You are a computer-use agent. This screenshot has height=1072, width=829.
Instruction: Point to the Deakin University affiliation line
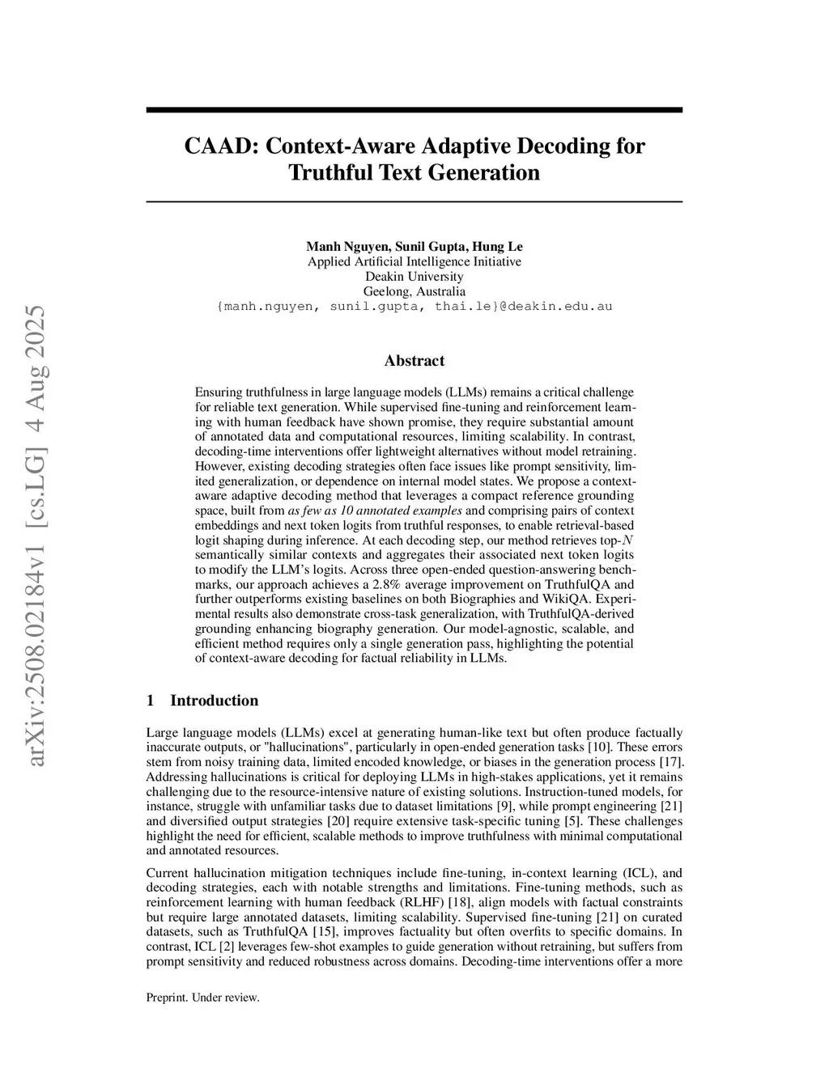pos(414,277)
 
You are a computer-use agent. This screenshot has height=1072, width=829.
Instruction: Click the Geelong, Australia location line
pos(414,291)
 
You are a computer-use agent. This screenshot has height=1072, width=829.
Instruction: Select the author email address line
pos(414,307)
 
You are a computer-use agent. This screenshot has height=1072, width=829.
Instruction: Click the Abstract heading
pos(414,361)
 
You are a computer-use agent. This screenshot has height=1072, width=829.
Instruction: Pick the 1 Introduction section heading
pos(202,701)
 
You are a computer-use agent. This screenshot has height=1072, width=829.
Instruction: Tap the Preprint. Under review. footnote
pos(202,998)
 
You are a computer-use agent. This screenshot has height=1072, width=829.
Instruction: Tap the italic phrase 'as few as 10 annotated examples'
pos(375,511)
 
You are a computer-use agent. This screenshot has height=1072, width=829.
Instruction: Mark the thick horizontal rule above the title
pos(414,110)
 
